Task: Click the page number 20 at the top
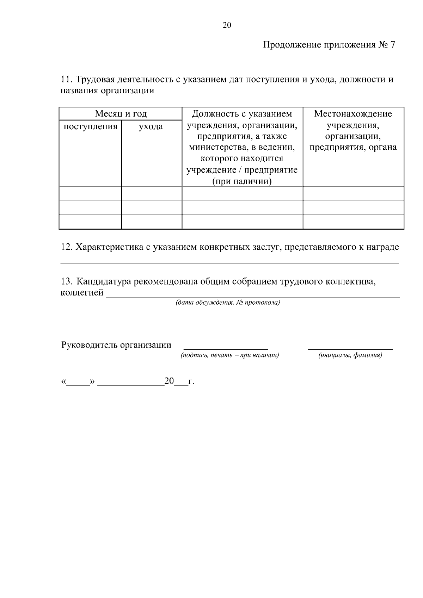(x=227, y=25)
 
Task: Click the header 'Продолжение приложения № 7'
(x=329, y=45)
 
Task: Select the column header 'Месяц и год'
(x=121, y=114)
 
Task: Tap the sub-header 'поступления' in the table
(x=90, y=126)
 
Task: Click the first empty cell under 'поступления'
(x=90, y=194)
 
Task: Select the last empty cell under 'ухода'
(x=152, y=222)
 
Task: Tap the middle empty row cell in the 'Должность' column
(x=242, y=208)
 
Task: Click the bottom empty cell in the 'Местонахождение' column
(x=353, y=222)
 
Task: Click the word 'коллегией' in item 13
(x=82, y=293)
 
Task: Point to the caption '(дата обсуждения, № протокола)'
(x=228, y=303)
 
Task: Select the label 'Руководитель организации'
(x=116, y=345)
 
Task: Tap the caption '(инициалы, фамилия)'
(x=350, y=355)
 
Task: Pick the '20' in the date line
(x=169, y=381)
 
